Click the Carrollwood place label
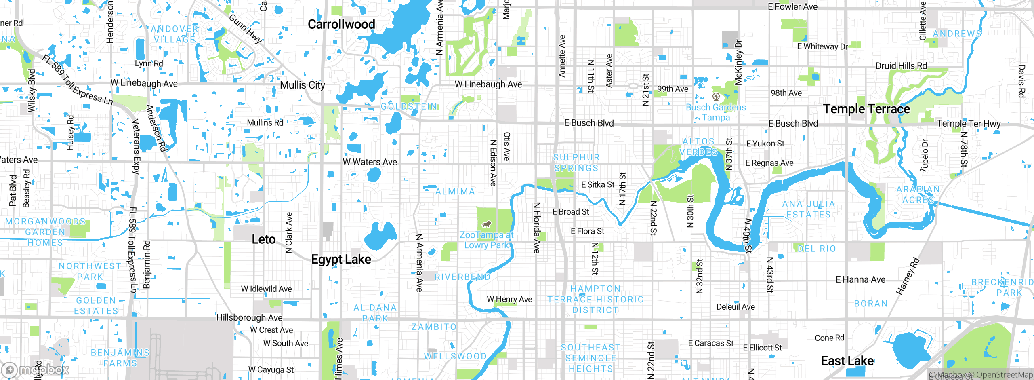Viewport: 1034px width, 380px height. click(x=341, y=24)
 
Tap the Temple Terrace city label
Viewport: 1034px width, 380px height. click(x=866, y=109)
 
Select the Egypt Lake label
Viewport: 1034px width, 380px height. click(x=341, y=259)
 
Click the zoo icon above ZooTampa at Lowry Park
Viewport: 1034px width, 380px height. click(x=487, y=224)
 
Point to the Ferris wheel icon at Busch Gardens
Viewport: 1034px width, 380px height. click(x=716, y=97)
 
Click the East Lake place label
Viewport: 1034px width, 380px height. click(x=847, y=361)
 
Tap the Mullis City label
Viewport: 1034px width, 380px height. click(x=303, y=85)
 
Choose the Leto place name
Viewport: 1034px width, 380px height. click(x=263, y=239)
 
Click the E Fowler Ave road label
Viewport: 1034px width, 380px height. click(x=792, y=6)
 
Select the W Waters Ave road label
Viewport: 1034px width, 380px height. click(x=370, y=162)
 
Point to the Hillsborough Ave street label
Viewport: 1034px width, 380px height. click(x=249, y=317)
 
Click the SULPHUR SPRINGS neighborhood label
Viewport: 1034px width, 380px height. click(x=576, y=163)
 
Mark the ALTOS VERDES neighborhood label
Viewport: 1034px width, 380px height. click(x=698, y=147)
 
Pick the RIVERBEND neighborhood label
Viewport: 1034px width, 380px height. click(x=462, y=277)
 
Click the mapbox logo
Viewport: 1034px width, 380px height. click(x=36, y=369)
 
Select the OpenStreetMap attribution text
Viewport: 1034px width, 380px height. click(x=1005, y=375)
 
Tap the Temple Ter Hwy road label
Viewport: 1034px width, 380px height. click(x=969, y=123)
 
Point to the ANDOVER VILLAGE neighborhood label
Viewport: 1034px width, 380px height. click(x=174, y=34)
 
